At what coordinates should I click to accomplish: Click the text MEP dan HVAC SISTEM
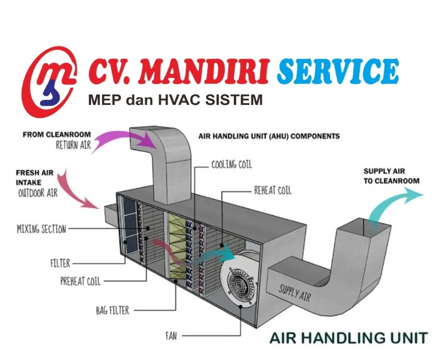pyautogui.click(x=175, y=100)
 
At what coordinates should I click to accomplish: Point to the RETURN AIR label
pyautogui.click(x=73, y=145)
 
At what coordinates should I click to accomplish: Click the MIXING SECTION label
pyautogui.click(x=41, y=229)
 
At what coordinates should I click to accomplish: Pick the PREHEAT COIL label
pyautogui.click(x=81, y=281)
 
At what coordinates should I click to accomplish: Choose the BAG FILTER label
pyautogui.click(x=112, y=311)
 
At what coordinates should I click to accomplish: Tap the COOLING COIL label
pyautogui.click(x=231, y=165)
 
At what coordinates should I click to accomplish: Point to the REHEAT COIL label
pyautogui.click(x=273, y=190)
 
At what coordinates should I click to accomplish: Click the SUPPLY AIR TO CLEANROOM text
pyautogui.click(x=391, y=176)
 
